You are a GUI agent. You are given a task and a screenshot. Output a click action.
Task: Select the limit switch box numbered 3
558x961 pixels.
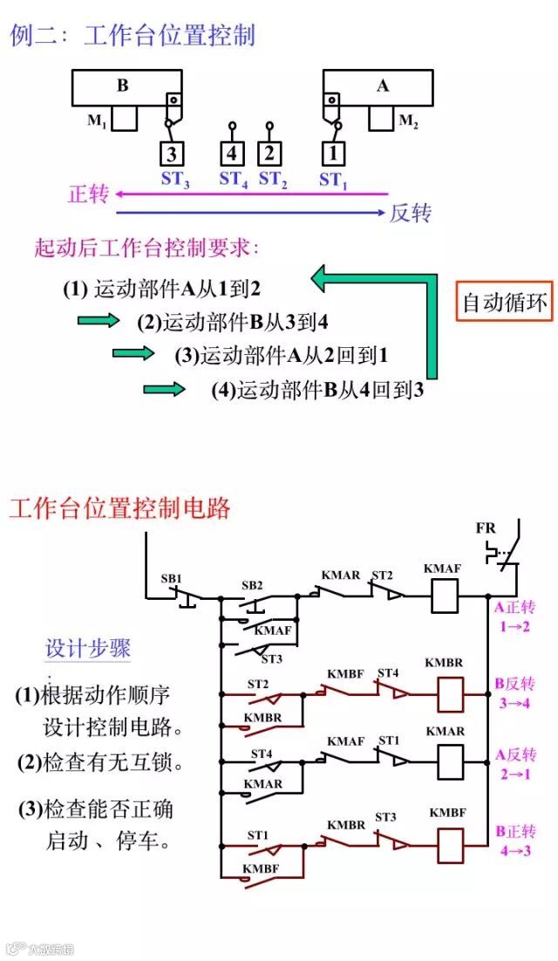coord(173,155)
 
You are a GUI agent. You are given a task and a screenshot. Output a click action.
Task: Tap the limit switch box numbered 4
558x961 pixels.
coord(232,155)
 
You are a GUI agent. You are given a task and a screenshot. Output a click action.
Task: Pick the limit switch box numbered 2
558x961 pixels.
coord(269,155)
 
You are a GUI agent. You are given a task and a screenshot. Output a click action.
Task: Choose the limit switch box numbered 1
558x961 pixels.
coord(331,155)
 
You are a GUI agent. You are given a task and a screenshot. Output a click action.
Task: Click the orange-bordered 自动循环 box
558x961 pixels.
coord(505,303)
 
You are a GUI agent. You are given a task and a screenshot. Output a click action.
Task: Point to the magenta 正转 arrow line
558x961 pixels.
coord(253,194)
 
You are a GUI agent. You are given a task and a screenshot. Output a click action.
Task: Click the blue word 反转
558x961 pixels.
coord(411,213)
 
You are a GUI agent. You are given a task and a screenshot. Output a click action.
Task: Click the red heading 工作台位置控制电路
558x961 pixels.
coord(119,508)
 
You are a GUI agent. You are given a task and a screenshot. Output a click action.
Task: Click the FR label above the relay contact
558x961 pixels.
coord(486,528)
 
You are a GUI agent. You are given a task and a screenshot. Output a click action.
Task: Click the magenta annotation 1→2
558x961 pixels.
coord(515,625)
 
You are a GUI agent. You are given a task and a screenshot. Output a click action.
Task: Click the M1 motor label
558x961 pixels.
coord(96,121)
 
